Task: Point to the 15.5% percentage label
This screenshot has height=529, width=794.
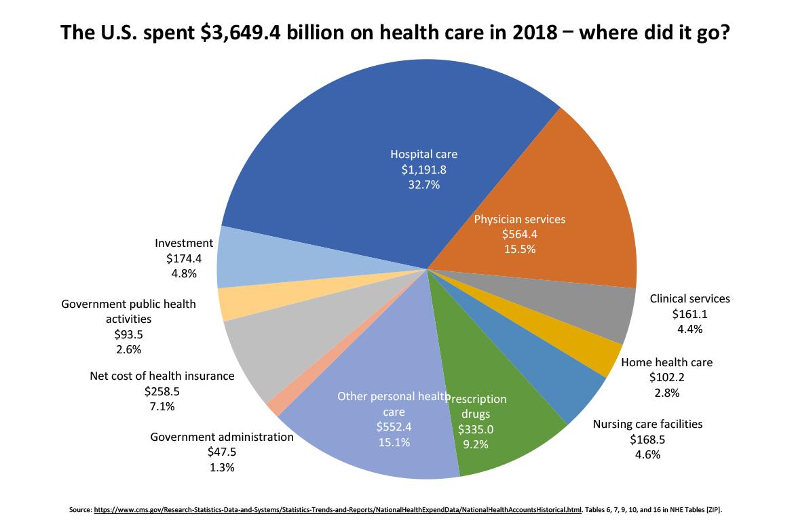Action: click(x=519, y=249)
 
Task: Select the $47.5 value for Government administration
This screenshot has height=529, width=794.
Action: click(x=222, y=452)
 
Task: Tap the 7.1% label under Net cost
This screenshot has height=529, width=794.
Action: click(x=162, y=407)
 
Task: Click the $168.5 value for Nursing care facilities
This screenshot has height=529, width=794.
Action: click(x=647, y=439)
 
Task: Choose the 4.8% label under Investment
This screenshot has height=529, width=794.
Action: click(x=183, y=274)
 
